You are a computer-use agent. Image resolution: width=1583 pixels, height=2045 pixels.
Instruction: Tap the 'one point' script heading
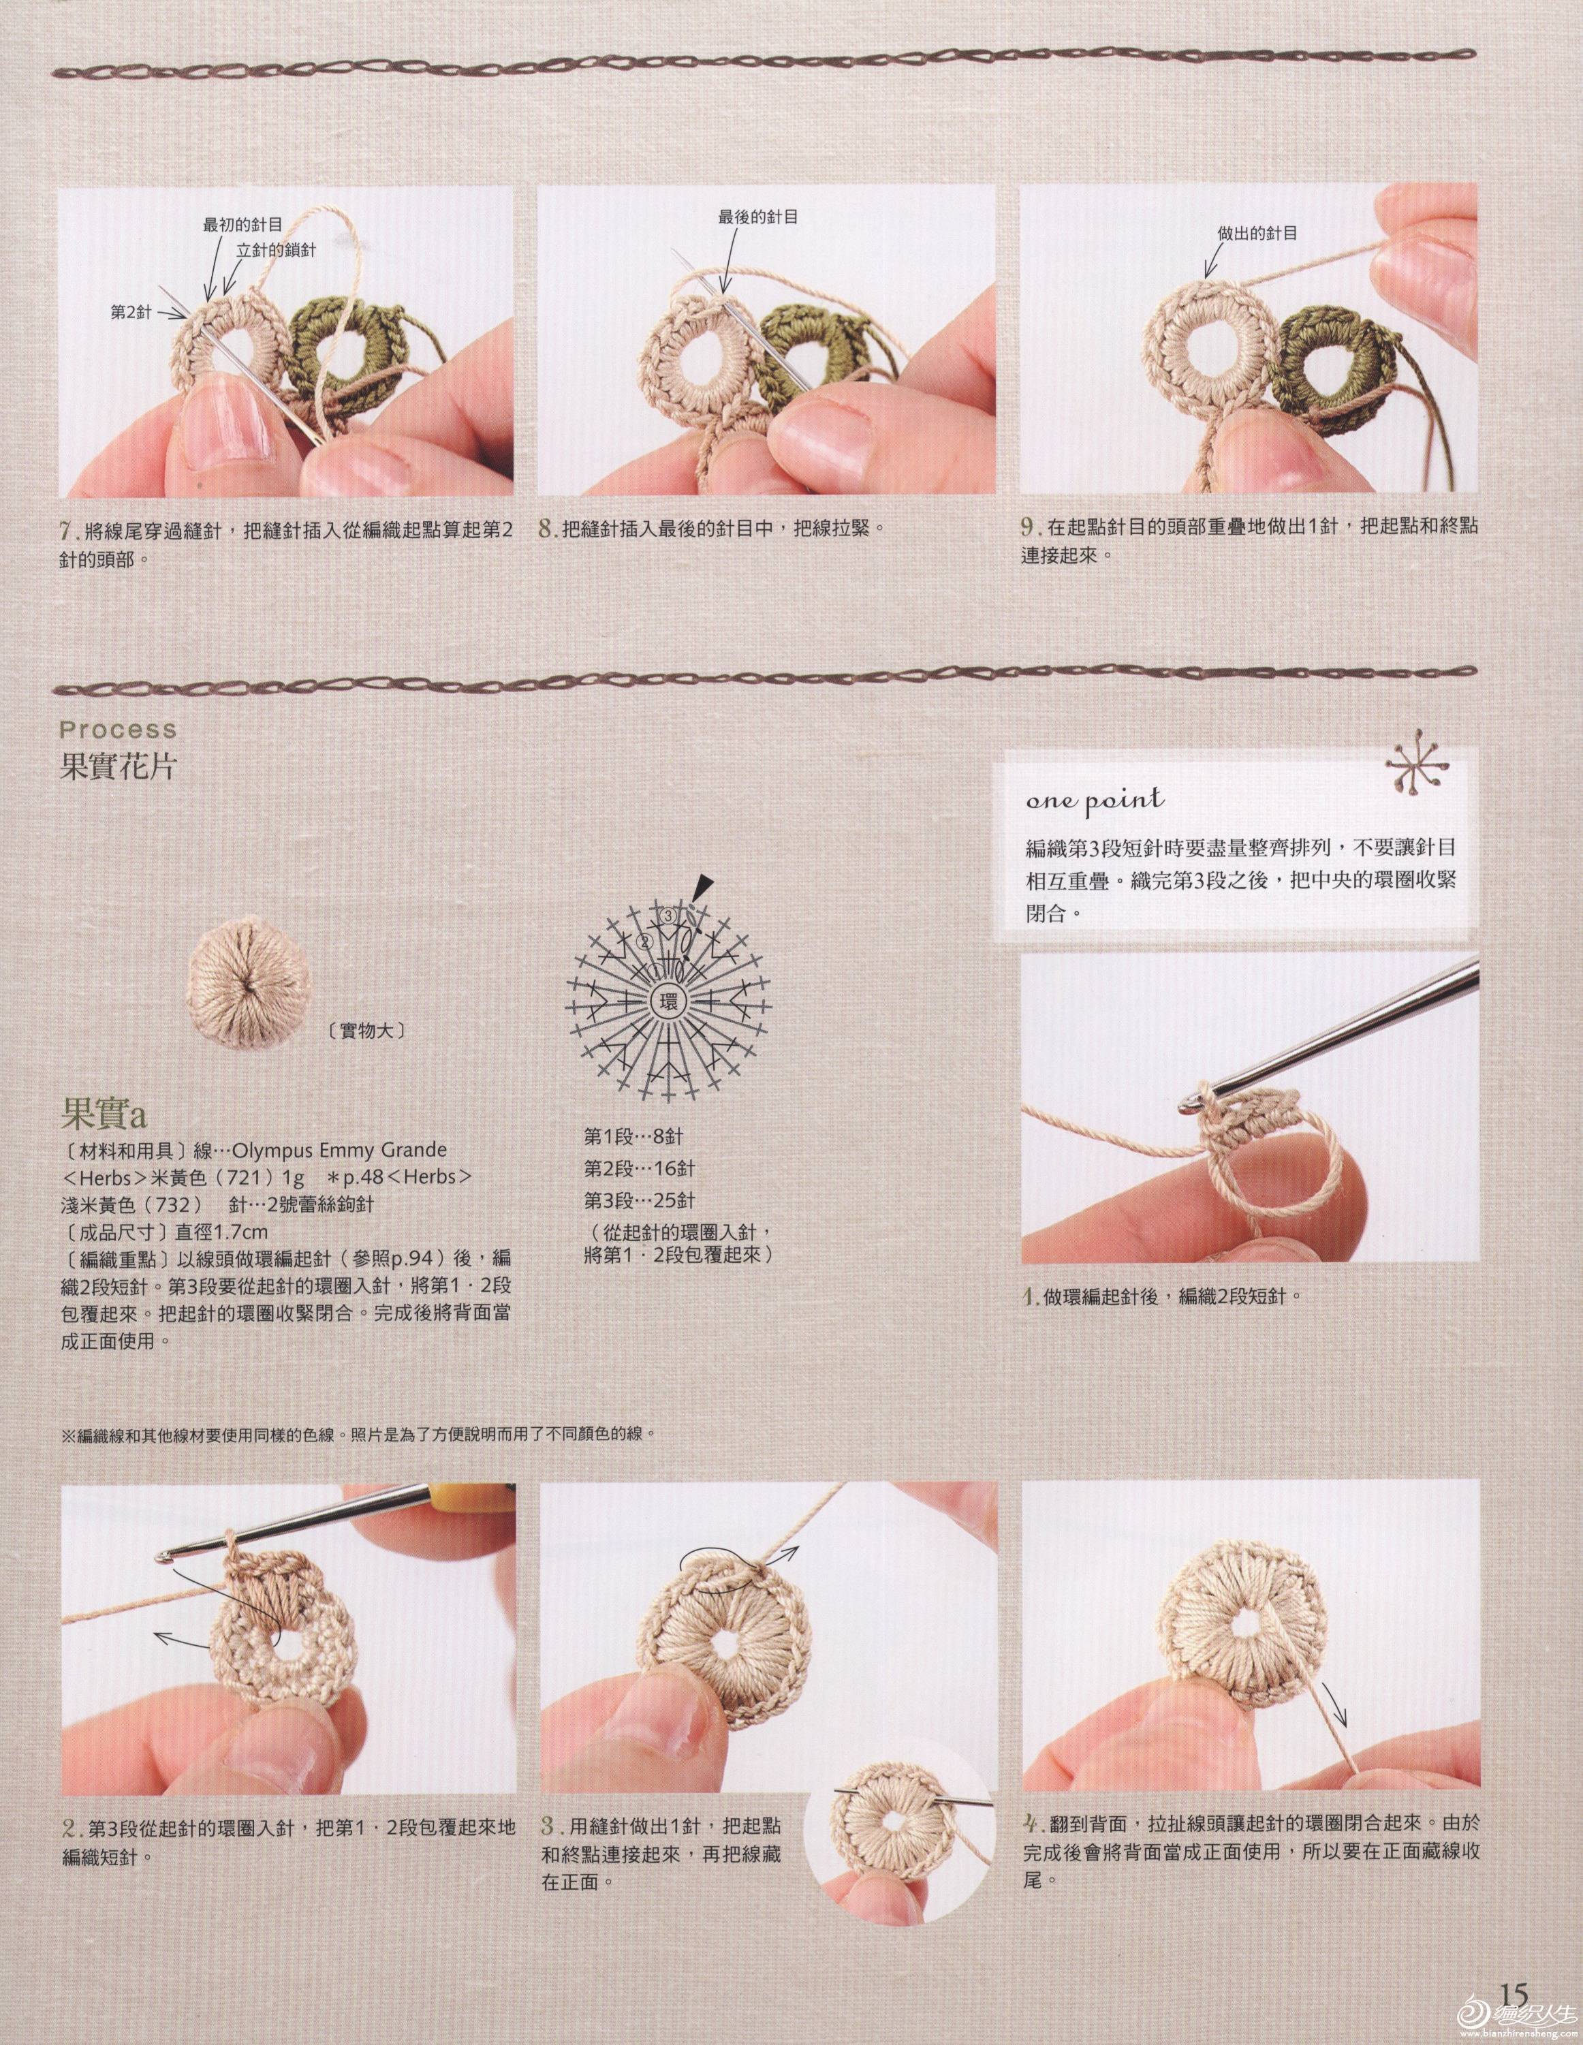pos(1095,800)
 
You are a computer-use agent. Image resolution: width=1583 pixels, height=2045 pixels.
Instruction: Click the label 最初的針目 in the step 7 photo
pos(242,224)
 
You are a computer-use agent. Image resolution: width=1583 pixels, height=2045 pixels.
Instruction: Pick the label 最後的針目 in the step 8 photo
pos(758,217)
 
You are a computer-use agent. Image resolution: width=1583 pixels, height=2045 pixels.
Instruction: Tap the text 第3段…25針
pos(640,1200)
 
